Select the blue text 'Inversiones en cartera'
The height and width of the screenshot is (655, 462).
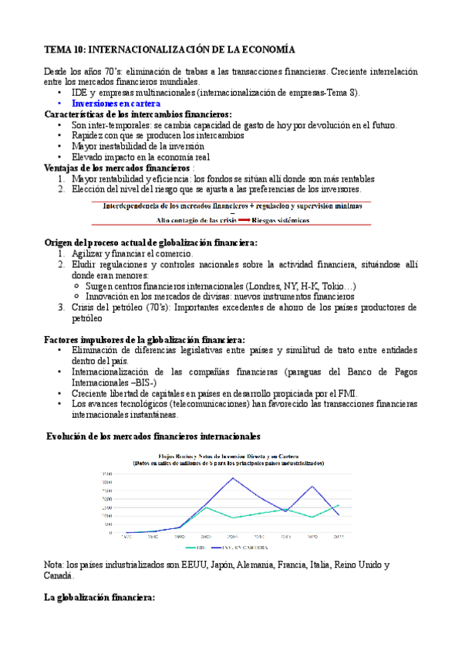(116, 103)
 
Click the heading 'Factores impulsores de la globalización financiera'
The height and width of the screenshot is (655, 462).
(145, 339)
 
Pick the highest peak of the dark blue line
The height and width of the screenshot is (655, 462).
(233, 478)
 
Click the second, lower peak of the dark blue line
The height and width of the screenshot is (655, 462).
(312, 487)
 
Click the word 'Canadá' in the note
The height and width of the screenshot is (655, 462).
(59, 575)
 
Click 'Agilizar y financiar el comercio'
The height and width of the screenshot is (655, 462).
(132, 253)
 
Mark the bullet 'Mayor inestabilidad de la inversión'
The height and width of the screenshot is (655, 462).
(137, 145)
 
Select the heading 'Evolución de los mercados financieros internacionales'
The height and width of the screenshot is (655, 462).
(153, 436)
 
